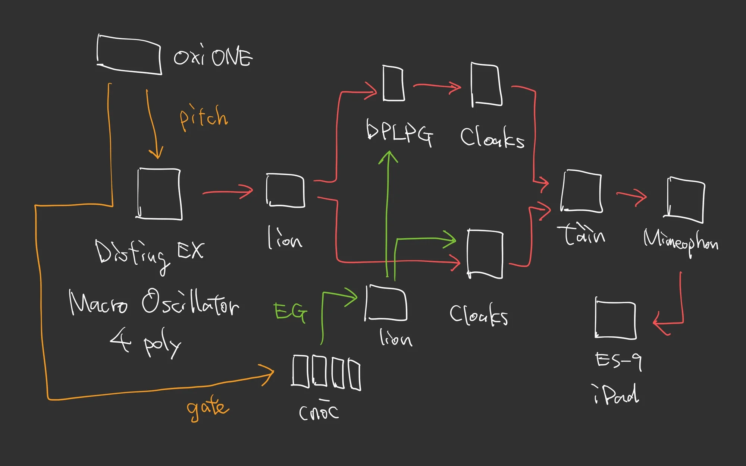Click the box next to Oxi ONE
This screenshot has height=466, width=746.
(x=129, y=54)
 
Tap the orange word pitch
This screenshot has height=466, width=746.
(x=203, y=117)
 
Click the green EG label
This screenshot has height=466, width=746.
(x=291, y=312)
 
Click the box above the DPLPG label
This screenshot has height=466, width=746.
(x=394, y=84)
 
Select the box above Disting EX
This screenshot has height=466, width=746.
(x=159, y=193)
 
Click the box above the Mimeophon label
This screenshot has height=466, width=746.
(x=685, y=200)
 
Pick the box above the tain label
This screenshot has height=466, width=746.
(x=581, y=191)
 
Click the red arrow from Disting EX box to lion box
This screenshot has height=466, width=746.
(x=228, y=192)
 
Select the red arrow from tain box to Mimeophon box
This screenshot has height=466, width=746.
(x=631, y=196)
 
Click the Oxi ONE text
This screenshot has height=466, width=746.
(x=213, y=57)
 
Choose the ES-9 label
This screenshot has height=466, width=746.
(x=618, y=361)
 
